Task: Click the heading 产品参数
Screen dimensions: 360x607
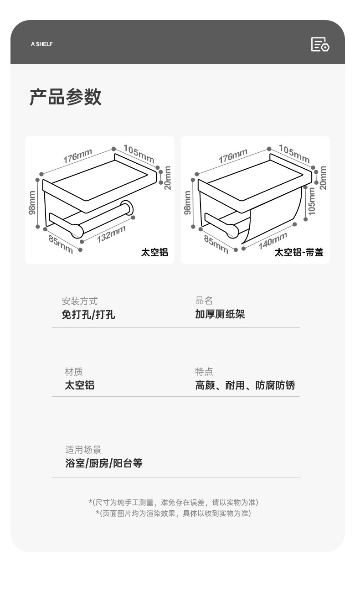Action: coord(65,98)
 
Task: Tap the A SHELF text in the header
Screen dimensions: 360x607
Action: coord(41,44)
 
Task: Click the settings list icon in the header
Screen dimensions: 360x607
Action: coord(320,44)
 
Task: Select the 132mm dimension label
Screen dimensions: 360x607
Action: coord(111,234)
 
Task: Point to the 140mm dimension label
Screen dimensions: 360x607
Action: coord(273,240)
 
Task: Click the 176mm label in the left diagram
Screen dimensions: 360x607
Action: coord(77,156)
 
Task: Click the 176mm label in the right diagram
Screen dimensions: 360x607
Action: coord(233,156)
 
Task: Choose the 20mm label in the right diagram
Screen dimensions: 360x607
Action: coord(323,177)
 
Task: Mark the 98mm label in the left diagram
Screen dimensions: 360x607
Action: coord(32,202)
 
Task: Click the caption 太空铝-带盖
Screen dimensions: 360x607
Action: coord(298,252)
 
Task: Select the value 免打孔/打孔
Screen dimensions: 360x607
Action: coord(88,314)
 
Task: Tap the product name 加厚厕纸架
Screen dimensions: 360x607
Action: coord(220,314)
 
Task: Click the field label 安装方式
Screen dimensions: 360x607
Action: coord(79,301)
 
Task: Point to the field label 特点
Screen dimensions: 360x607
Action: coord(204,372)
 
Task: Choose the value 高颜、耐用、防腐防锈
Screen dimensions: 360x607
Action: coord(245,385)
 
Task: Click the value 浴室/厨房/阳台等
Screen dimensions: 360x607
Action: coord(104,463)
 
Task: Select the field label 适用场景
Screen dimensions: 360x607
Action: coord(83,450)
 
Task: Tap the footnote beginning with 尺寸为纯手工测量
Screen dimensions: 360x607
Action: coord(173,502)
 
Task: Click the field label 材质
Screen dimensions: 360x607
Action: coord(73,372)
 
